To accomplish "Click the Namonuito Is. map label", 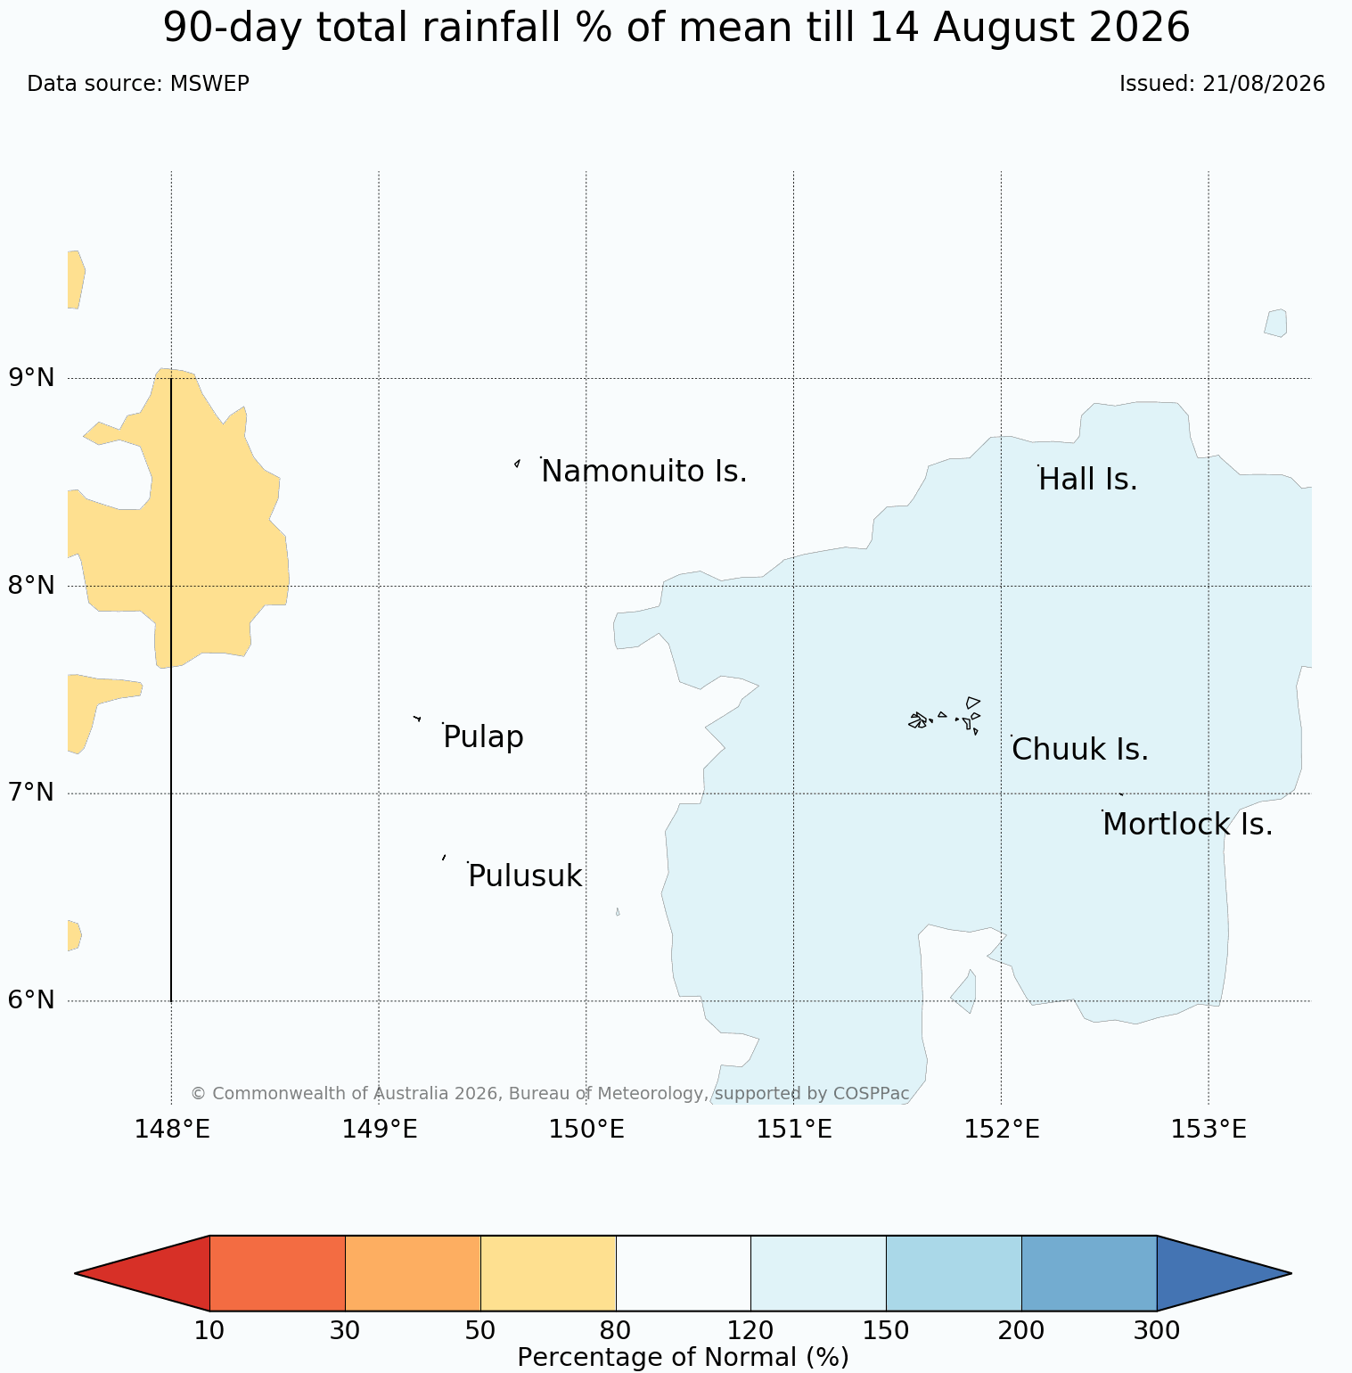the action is click(643, 471).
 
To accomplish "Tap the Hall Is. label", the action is click(1088, 480).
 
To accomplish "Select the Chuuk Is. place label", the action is click(1080, 750).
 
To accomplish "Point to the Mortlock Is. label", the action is click(1187, 825).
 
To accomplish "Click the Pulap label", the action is click(483, 738).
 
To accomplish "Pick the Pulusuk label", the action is click(525, 876).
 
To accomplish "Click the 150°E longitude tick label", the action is click(586, 1130).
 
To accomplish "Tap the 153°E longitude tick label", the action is click(1209, 1130).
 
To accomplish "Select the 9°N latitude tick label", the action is click(31, 378).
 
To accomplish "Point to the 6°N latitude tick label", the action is click(31, 1000).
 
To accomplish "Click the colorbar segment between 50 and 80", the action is click(548, 1273).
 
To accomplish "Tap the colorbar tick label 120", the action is click(750, 1331).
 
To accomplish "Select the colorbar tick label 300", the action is click(1157, 1331).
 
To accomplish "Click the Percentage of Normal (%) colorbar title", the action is click(683, 1358).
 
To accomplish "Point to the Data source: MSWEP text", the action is click(138, 84).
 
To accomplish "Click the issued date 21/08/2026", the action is click(1264, 84).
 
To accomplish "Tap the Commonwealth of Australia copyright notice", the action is click(550, 1093).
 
